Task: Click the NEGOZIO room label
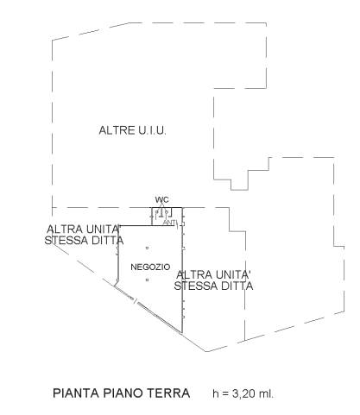click(150, 267)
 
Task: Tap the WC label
click(162, 199)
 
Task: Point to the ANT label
click(169, 223)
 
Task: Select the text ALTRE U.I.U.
click(133, 130)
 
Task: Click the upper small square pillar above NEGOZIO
click(147, 248)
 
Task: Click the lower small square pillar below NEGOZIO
click(147, 280)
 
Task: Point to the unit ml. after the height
click(266, 393)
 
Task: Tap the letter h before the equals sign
click(216, 393)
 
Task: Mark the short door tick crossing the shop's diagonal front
click(135, 301)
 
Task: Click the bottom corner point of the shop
click(182, 333)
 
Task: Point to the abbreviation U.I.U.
click(152, 130)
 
